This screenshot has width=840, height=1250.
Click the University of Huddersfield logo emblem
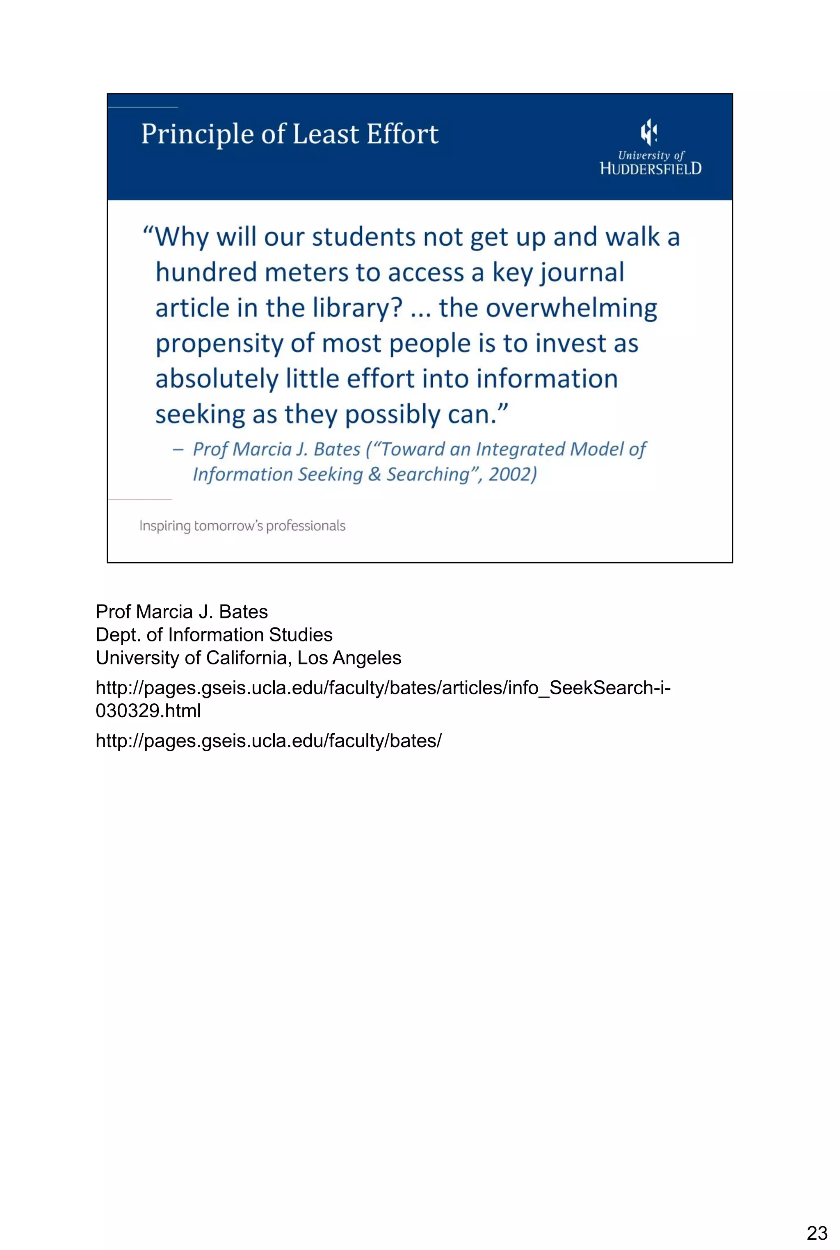[x=649, y=132]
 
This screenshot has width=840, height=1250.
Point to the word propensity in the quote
[x=219, y=344]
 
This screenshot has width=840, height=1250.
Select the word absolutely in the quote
[x=217, y=379]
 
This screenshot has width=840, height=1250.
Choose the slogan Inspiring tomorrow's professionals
[x=242, y=526]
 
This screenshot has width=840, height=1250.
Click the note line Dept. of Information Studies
[x=214, y=635]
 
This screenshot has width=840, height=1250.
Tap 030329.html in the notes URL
[x=148, y=711]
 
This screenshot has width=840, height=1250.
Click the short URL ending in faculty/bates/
[x=268, y=741]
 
